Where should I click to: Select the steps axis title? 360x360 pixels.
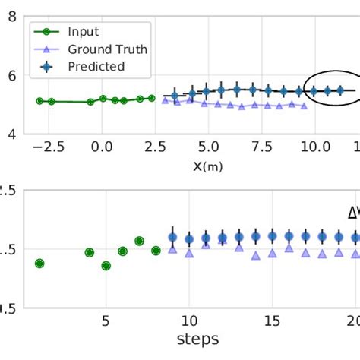[x=198, y=339]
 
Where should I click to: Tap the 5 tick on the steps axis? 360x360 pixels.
[x=106, y=320]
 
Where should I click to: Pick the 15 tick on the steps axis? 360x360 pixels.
[x=272, y=320]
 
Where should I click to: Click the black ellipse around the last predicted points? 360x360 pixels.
[x=305, y=90]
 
